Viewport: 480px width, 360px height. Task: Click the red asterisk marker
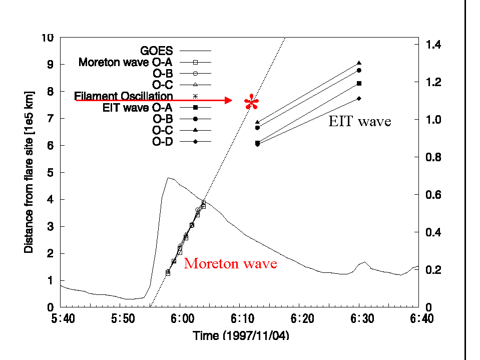[x=252, y=102]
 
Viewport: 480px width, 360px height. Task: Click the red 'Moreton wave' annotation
[x=230, y=263]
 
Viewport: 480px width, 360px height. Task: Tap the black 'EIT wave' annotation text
[x=360, y=121]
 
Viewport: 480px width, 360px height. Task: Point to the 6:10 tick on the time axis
[x=239, y=318]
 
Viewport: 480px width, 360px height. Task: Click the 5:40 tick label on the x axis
[x=60, y=318]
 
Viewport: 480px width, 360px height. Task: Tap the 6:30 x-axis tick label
[x=359, y=318]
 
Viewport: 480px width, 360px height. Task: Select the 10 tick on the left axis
[x=48, y=38]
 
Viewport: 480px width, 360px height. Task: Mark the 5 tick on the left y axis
[x=51, y=173]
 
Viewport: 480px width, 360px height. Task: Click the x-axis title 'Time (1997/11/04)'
[x=241, y=335]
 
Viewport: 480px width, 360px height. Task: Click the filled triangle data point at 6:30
[x=359, y=63]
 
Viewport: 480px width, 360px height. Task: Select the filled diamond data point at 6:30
[x=359, y=98]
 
